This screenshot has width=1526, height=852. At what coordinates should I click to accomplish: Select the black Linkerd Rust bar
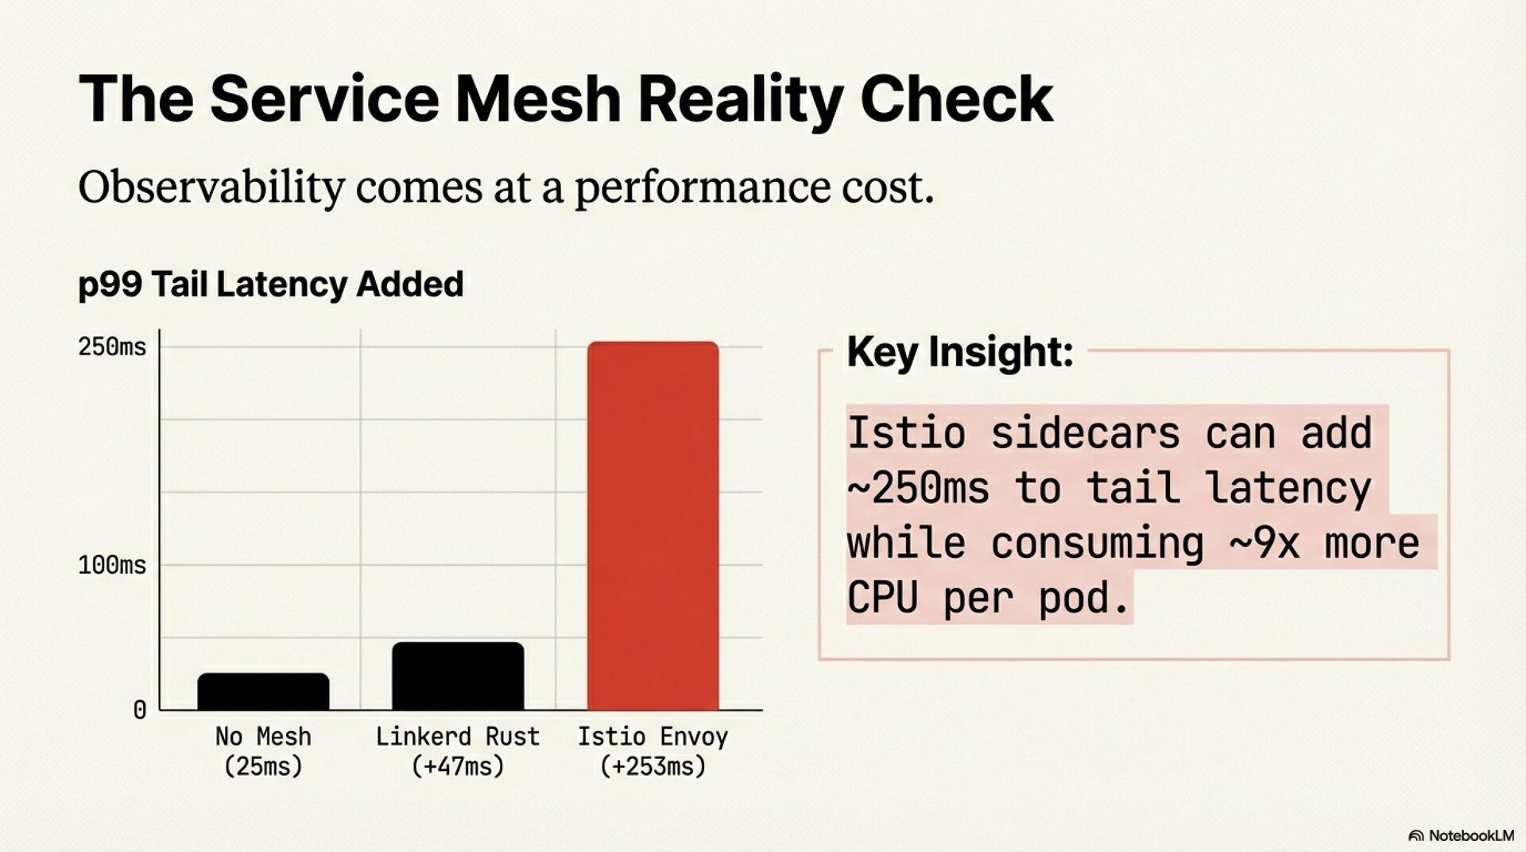coord(458,676)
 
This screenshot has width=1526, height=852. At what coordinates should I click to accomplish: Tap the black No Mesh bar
coord(263,691)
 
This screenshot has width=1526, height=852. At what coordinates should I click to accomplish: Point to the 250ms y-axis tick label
coord(112,347)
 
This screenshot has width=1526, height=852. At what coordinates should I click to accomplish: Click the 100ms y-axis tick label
coord(112,565)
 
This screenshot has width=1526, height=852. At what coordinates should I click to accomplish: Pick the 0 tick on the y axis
coord(139,710)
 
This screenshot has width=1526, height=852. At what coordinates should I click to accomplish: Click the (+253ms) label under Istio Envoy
coord(653,766)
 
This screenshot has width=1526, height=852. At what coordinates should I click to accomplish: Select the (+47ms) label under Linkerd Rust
coord(458,766)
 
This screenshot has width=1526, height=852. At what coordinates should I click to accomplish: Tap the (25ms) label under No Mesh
coord(263,766)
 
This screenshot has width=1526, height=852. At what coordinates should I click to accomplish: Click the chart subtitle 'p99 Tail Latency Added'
coord(270,284)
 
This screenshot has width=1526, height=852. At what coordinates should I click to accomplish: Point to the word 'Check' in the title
coord(956,99)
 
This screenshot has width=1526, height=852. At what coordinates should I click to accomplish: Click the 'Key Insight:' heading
coord(959,351)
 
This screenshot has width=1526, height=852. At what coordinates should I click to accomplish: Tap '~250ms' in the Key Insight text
coord(918,487)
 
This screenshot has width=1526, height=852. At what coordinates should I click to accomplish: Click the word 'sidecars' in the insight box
coord(1085,433)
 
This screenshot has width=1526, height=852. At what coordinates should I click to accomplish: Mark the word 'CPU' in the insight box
coord(882,598)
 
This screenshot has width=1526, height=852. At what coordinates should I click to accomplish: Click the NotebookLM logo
coord(1461,835)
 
